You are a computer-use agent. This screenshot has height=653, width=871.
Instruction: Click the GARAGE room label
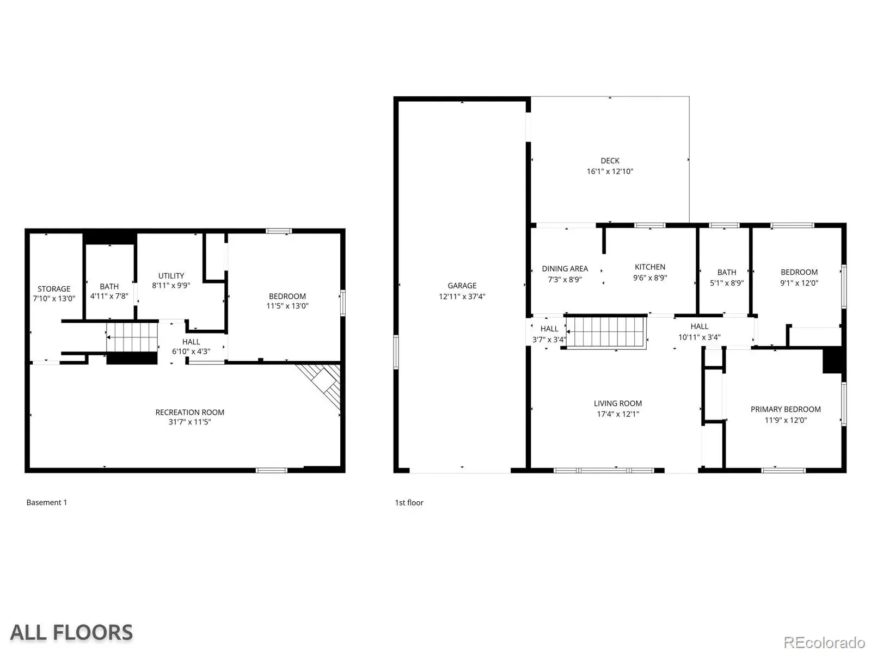[x=462, y=286]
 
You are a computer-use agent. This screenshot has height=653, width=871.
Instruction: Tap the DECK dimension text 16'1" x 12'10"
[x=610, y=171]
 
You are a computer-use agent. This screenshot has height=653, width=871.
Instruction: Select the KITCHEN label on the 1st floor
[x=649, y=267]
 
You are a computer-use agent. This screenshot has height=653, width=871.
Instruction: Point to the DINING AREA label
[x=565, y=268]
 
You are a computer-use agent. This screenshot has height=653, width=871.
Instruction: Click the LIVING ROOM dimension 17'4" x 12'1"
[x=617, y=414]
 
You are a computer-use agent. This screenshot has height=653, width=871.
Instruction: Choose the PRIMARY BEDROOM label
[x=786, y=409]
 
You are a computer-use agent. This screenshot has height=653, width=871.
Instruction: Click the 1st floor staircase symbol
[x=606, y=332]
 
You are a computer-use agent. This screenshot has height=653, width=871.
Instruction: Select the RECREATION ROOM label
[x=189, y=412]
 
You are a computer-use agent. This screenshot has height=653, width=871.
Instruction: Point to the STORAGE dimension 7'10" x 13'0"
[x=54, y=299]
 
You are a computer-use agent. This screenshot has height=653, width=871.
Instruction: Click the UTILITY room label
[x=171, y=275]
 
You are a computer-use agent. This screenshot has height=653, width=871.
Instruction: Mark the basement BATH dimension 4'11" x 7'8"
[x=109, y=296]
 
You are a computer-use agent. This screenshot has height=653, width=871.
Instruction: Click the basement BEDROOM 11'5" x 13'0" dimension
[x=287, y=306]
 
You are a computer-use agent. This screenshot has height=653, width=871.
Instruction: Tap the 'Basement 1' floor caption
[x=46, y=502]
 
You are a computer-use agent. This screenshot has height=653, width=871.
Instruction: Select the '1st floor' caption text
[x=409, y=503]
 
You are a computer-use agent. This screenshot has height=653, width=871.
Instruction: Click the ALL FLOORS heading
[x=71, y=632]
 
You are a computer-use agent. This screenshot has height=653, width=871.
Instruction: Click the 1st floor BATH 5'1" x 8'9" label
[x=727, y=278]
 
